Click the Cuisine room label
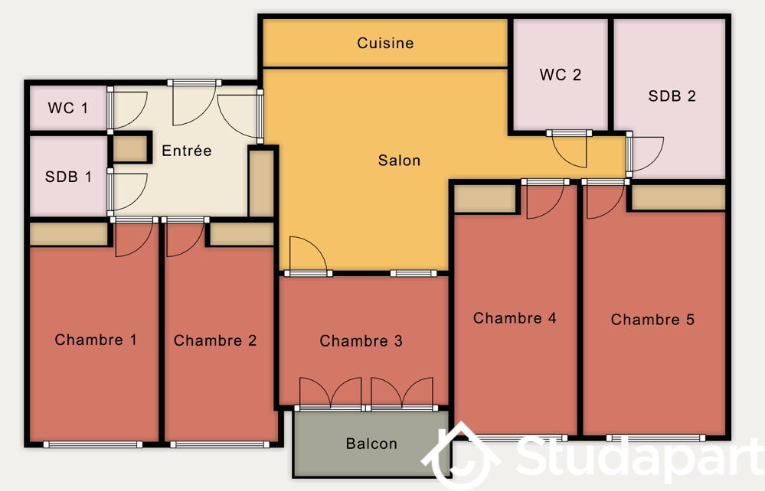click(x=385, y=43)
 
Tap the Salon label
click(x=399, y=161)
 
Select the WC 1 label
click(x=68, y=108)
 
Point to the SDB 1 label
click(x=68, y=177)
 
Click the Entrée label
click(x=187, y=151)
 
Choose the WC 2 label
click(x=561, y=74)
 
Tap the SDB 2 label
click(x=672, y=96)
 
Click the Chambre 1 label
click(x=96, y=340)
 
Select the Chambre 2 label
click(x=215, y=340)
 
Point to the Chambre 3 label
click(x=361, y=340)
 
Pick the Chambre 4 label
click(x=515, y=318)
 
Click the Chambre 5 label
click(x=652, y=320)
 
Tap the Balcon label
click(x=371, y=444)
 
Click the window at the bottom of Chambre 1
click(x=93, y=444)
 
